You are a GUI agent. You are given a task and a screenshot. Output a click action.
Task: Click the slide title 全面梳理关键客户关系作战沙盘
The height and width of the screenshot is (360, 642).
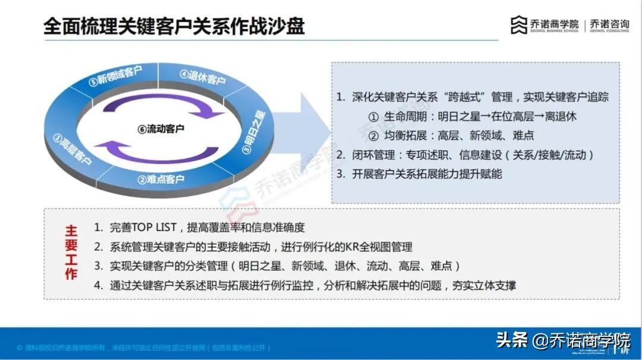(174, 27)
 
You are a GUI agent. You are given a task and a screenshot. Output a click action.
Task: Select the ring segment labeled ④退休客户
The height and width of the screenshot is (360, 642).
(203, 78)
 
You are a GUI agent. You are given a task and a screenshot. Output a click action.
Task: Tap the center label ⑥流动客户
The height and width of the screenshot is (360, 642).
(161, 128)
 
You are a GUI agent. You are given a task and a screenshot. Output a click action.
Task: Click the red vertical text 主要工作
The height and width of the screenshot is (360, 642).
(71, 252)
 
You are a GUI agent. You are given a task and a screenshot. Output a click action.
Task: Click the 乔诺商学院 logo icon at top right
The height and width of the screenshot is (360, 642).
(518, 25)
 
